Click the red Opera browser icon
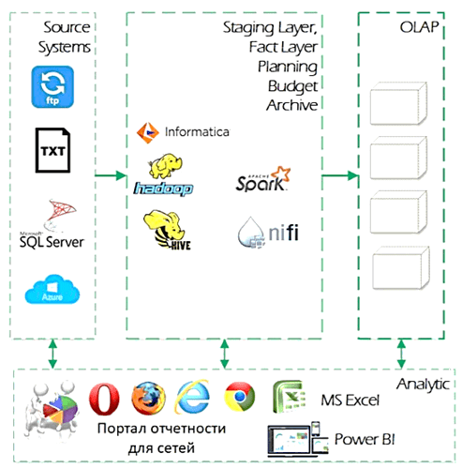pyautogui.click(x=103, y=400)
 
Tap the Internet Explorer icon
pyautogui.click(x=194, y=400)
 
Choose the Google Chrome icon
pyautogui.click(x=240, y=400)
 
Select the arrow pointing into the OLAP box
pyautogui.click(x=341, y=175)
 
